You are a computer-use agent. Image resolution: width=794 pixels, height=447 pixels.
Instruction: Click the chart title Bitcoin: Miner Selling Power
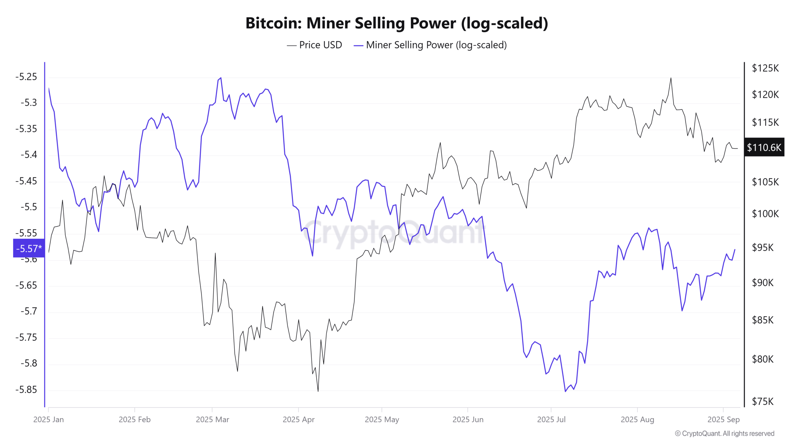click(x=397, y=23)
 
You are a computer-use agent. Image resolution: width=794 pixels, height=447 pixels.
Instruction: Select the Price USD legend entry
click(x=314, y=45)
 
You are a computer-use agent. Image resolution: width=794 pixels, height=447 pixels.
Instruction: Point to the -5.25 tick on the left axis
click(x=26, y=77)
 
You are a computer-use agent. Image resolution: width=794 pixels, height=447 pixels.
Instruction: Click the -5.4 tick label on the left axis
click(x=29, y=155)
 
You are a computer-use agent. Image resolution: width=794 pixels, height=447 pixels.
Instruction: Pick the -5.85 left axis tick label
click(x=26, y=389)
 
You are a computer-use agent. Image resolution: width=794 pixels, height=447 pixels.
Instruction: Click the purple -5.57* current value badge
click(x=29, y=248)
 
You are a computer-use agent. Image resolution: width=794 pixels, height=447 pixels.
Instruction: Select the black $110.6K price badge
click(x=764, y=147)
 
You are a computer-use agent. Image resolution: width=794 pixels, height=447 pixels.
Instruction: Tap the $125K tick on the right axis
click(x=765, y=68)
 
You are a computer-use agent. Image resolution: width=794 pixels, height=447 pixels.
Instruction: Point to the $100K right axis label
click(x=765, y=214)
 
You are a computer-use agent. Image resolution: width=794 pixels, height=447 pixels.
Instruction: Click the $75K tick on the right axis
click(x=763, y=401)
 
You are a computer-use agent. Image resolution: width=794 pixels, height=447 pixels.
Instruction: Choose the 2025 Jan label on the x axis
click(x=49, y=419)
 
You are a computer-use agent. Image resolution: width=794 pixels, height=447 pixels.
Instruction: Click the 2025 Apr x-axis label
click(x=298, y=419)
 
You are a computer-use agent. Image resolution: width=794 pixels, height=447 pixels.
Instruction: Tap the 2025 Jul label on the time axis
click(x=551, y=419)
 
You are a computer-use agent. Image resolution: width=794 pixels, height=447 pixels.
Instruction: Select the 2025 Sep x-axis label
click(x=723, y=419)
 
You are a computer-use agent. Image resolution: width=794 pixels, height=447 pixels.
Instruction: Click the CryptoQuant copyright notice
click(x=725, y=433)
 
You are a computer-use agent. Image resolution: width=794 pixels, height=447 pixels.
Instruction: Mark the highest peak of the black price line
click(x=671, y=78)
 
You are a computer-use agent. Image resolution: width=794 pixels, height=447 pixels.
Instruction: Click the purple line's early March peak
click(x=221, y=78)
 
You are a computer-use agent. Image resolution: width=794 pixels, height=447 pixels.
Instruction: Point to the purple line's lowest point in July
click(x=565, y=391)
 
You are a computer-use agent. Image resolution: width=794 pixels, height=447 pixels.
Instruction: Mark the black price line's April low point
click(x=318, y=391)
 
